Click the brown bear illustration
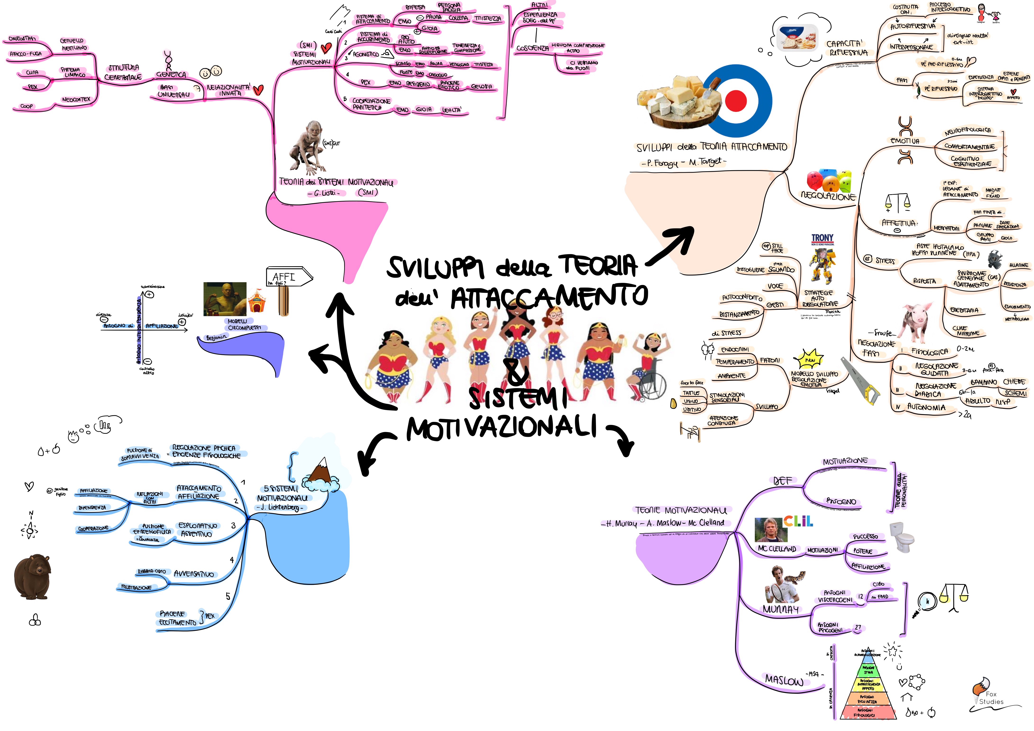[32, 577]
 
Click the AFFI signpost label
[284, 276]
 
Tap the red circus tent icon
[257, 301]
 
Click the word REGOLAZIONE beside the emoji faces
[828, 196]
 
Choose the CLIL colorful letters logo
[798, 522]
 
